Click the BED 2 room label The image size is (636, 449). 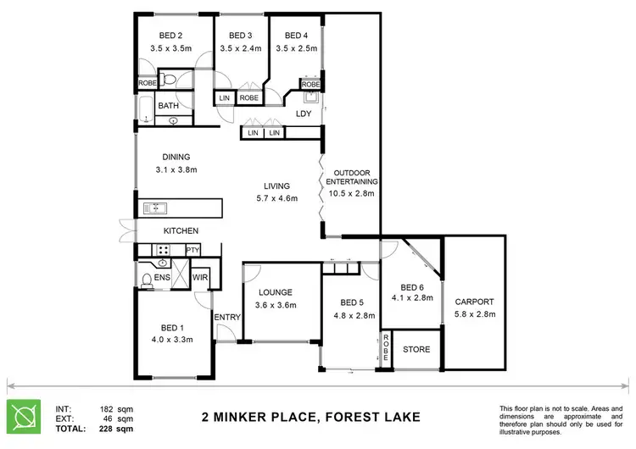click(x=171, y=36)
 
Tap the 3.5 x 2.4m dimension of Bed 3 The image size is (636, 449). click(x=239, y=48)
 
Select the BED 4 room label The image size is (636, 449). click(x=296, y=36)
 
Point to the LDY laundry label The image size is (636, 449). click(x=303, y=114)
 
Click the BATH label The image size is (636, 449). click(x=168, y=106)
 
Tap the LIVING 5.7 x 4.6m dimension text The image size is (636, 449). click(x=276, y=199)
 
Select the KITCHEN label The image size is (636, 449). click(x=181, y=230)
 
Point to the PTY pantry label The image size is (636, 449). click(x=192, y=250)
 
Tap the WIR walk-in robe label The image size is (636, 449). click(x=200, y=277)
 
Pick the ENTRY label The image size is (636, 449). click(x=227, y=318)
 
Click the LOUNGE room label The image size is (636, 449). click(x=276, y=292)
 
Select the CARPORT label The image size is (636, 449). click(x=474, y=302)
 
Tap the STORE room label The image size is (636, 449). click(x=416, y=349)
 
